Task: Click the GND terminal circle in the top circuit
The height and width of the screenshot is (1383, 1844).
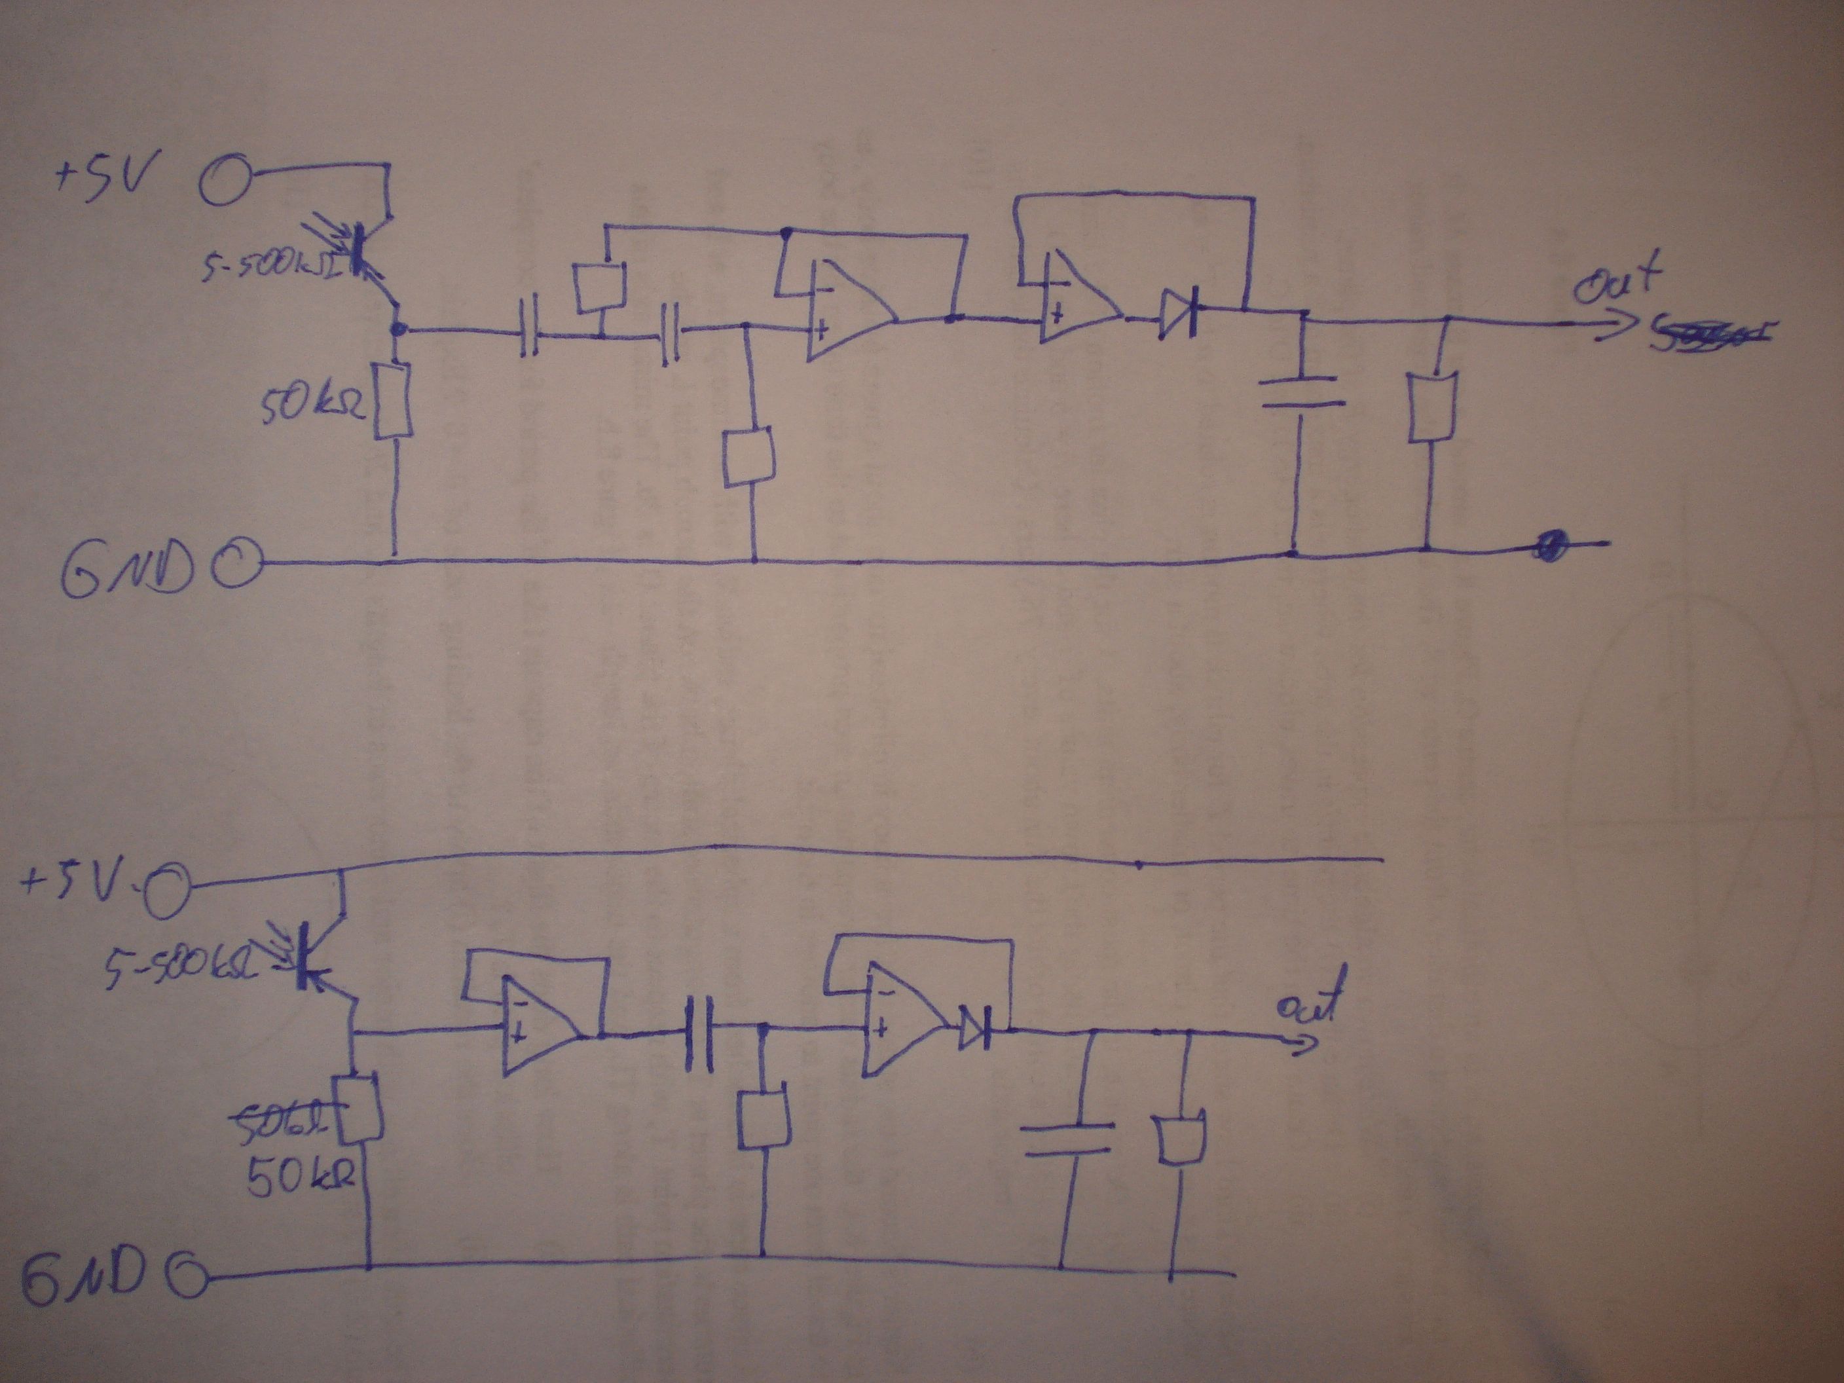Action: tap(236, 564)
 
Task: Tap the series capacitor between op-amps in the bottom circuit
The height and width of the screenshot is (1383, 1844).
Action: tap(700, 1034)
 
